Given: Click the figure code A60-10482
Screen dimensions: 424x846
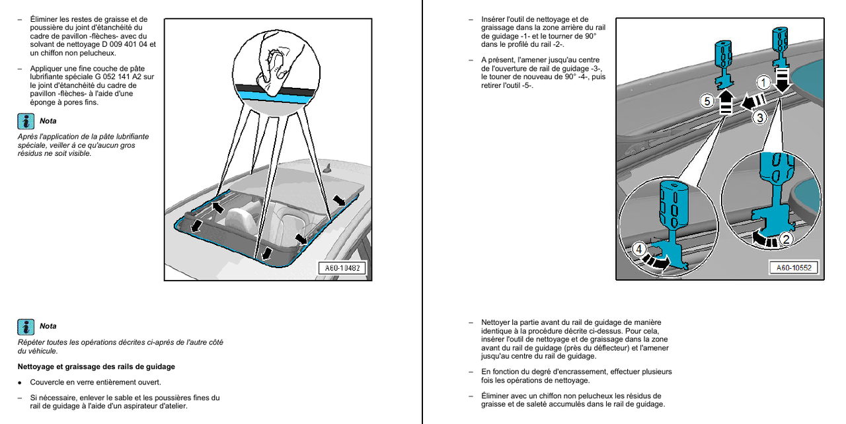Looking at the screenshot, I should click(342, 268).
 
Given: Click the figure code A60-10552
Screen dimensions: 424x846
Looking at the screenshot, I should click(794, 267).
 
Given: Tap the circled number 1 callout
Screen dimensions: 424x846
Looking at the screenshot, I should click(763, 83).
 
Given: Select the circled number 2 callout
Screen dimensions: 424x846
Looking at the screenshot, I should click(786, 239).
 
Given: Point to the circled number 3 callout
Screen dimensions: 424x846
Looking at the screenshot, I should click(760, 118).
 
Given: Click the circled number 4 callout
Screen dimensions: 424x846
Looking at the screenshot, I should click(639, 249).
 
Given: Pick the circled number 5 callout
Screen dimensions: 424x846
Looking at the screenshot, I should click(707, 102).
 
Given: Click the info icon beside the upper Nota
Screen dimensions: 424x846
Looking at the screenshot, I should click(26, 121).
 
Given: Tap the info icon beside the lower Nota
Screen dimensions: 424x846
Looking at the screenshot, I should click(26, 326).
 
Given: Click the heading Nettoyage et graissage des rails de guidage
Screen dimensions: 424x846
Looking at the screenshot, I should click(96, 367).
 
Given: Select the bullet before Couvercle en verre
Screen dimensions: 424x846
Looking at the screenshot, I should click(20, 382).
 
